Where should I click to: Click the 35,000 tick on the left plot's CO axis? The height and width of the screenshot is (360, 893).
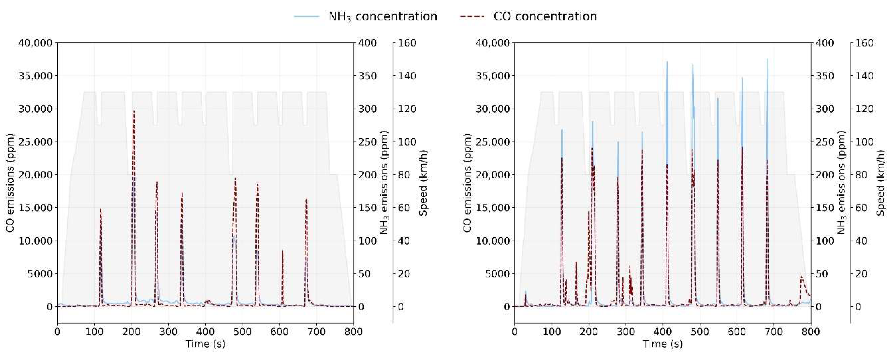35,76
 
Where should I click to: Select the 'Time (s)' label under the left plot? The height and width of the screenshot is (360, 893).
205,344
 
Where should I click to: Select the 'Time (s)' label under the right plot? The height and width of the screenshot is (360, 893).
662,344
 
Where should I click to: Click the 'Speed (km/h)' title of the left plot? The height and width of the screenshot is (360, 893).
423,183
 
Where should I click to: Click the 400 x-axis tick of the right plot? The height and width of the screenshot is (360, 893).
662,332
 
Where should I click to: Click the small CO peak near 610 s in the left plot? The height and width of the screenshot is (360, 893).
282,251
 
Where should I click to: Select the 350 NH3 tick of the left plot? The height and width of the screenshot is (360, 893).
367,76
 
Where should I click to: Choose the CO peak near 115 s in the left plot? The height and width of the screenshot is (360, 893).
101,209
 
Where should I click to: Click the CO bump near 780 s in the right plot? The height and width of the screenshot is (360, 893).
802,277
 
